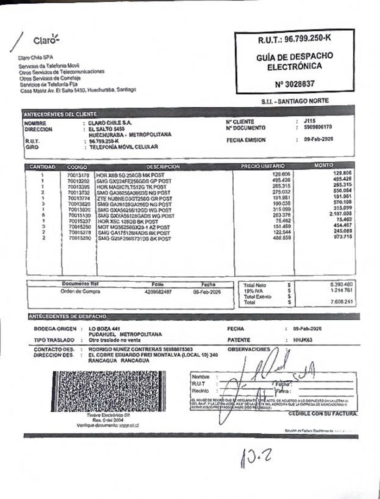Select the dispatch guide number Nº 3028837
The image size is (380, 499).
(x=294, y=84)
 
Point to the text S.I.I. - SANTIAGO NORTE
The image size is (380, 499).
(x=295, y=101)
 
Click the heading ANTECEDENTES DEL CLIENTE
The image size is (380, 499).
(x=61, y=114)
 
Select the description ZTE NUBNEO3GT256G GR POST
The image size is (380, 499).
(x=134, y=198)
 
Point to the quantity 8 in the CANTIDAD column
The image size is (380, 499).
(x=42, y=215)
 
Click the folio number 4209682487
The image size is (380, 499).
(x=157, y=292)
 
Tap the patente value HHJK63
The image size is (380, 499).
(x=303, y=340)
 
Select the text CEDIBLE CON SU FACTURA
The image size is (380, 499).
(x=323, y=414)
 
